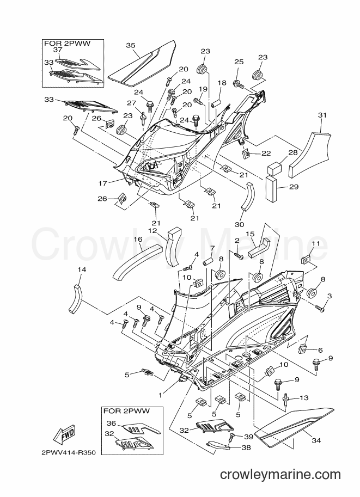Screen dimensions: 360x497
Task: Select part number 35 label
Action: tap(131, 45)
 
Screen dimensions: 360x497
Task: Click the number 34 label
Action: tap(316, 440)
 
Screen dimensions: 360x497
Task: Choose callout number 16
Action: tap(138, 240)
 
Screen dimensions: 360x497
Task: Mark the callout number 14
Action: tap(82, 270)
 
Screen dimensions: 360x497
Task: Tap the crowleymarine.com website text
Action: tap(280, 475)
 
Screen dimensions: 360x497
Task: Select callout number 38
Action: tap(246, 447)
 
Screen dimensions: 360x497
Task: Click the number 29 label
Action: tap(294, 187)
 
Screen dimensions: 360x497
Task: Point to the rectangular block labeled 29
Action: tap(271, 189)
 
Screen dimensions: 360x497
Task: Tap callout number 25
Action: tap(239, 62)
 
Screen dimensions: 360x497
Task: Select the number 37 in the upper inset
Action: tap(57, 50)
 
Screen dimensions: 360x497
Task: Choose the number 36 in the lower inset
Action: tap(111, 423)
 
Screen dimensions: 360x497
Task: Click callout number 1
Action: tap(161, 395)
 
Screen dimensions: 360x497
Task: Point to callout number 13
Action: tap(304, 398)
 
